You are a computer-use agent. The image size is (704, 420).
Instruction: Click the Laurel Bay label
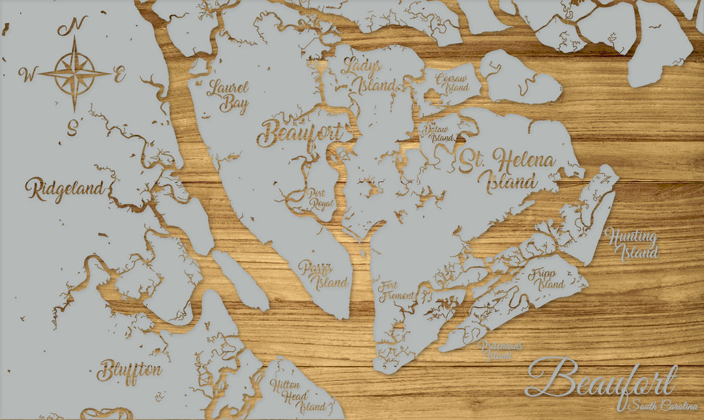(x=227, y=96)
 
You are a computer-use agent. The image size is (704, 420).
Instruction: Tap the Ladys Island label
(x=370, y=75)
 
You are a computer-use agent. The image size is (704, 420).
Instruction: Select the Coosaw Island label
(x=452, y=82)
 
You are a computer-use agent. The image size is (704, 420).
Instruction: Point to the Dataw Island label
(x=437, y=134)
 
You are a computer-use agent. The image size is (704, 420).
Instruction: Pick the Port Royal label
(x=320, y=198)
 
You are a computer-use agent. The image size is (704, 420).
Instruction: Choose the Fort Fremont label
(x=396, y=290)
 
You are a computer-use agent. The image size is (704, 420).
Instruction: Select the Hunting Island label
(x=631, y=245)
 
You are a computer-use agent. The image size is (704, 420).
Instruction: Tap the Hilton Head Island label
(x=292, y=395)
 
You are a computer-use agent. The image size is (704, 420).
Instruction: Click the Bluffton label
(x=129, y=371)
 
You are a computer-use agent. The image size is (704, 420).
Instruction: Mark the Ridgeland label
(x=65, y=189)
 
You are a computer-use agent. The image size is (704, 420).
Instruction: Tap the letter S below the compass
(x=72, y=127)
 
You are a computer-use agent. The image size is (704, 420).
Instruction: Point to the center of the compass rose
(x=74, y=74)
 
